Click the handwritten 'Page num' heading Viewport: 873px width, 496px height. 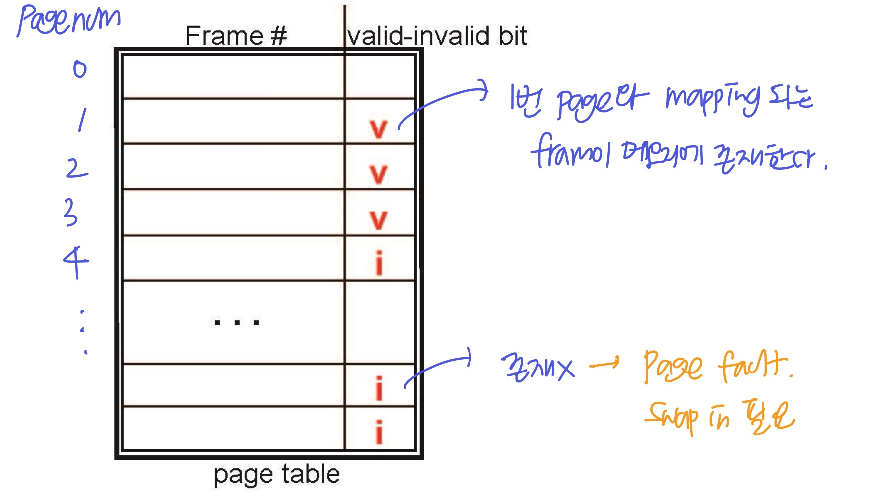tap(68, 21)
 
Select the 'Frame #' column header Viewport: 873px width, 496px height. tap(236, 36)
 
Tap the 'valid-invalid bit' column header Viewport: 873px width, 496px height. tap(437, 36)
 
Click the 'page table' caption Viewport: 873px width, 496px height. tap(276, 474)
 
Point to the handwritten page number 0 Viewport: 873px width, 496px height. tap(80, 69)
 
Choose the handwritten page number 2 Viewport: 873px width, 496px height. tap(76, 168)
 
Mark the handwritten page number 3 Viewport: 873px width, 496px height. tap(71, 212)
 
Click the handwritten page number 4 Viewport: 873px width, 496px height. tap(76, 261)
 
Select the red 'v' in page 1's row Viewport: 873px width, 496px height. tap(378, 129)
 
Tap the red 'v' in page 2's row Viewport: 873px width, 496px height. tap(378, 174)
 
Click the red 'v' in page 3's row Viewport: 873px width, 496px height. tap(378, 220)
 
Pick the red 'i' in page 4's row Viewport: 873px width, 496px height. tap(379, 263)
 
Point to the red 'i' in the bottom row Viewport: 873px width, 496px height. tap(379, 432)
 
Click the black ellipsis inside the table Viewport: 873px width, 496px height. tap(236, 323)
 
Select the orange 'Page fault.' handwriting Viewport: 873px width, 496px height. tap(717, 367)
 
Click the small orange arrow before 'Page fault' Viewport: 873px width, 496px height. tap(604, 365)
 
